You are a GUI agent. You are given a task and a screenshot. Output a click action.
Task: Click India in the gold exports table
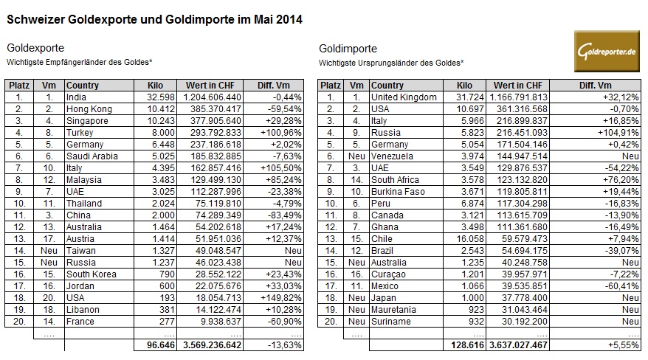pyautogui.click(x=76, y=97)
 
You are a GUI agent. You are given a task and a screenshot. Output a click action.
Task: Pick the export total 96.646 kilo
pyautogui.click(x=156, y=345)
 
